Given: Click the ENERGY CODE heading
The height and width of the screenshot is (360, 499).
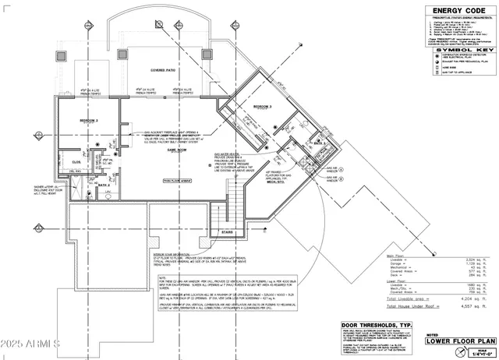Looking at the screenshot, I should [454, 10].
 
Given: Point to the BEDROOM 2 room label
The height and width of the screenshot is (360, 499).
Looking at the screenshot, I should [89, 121].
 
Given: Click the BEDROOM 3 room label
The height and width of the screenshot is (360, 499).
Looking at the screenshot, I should [263, 107].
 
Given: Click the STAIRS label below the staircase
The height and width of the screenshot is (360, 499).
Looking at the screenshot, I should [227, 231].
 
